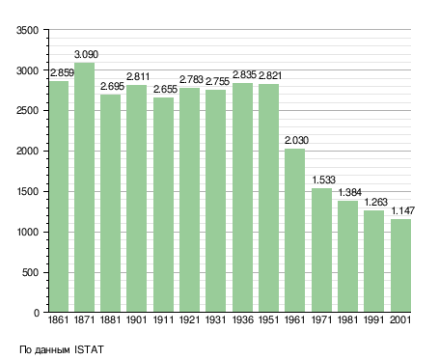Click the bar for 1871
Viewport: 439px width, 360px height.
click(x=84, y=187)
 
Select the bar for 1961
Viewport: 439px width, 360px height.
click(x=294, y=231)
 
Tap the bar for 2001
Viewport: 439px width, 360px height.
click(x=400, y=265)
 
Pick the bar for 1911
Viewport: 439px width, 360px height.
click(x=163, y=205)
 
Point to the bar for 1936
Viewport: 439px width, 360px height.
click(x=242, y=198)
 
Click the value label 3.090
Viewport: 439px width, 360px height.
click(x=86, y=54)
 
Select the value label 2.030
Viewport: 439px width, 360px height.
click(x=296, y=140)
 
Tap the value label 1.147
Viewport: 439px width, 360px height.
click(x=403, y=210)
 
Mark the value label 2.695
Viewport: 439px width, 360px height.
click(x=112, y=86)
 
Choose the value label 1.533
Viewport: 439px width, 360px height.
click(x=324, y=180)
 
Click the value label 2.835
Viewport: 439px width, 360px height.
click(x=244, y=75)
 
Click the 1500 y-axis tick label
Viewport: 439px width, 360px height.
click(x=27, y=192)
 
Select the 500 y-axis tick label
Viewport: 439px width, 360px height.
click(x=30, y=273)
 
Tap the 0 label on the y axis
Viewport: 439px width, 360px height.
click(x=37, y=313)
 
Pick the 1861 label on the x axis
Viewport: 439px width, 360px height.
click(x=58, y=319)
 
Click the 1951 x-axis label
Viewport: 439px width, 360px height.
click(x=268, y=319)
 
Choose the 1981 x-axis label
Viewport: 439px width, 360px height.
click(x=347, y=319)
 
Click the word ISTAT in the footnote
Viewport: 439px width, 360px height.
click(x=89, y=349)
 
